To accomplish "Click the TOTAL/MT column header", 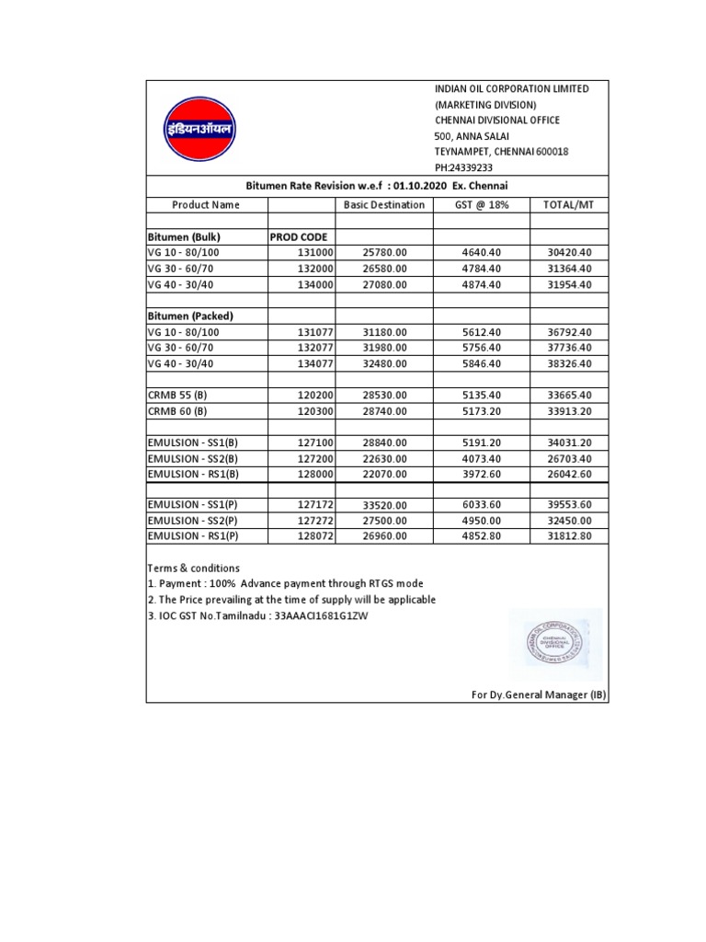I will click(x=568, y=204).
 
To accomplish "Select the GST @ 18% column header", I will click(x=482, y=204).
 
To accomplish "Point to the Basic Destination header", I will click(x=384, y=204).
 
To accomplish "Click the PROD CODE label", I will click(x=299, y=236).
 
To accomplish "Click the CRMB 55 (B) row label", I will click(x=177, y=395).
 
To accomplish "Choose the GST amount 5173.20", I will click(x=482, y=410).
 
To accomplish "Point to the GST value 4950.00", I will click(x=482, y=521).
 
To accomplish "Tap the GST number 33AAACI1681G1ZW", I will click(x=308, y=615).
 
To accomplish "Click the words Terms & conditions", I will click(x=193, y=568).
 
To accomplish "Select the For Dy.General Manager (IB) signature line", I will click(x=537, y=695).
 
